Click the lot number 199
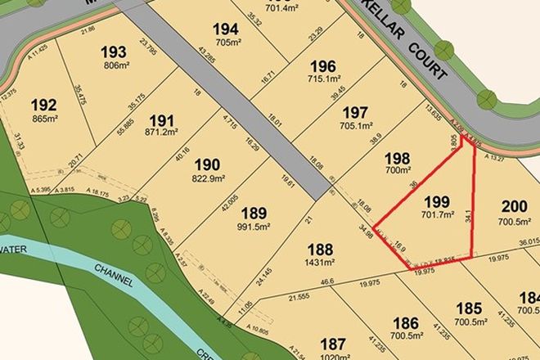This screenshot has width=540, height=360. tap(434, 200)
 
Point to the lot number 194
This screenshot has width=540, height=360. tap(226, 29)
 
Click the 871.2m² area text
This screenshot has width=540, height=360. tap(161, 130)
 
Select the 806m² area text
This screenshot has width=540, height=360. tap(115, 65)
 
